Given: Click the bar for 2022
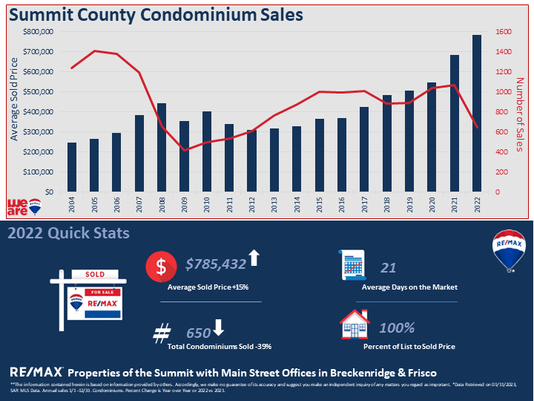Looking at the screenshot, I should coord(476,113).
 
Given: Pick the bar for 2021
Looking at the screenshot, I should coord(454,123).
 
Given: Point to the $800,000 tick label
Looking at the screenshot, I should coord(38,32).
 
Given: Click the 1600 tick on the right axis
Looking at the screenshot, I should coord(504,32).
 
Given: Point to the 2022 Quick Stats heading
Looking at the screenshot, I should coord(68,233).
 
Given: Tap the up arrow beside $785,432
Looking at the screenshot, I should coord(254,258).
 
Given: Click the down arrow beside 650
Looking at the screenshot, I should coord(218,327).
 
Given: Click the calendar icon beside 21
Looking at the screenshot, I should coord(354,265).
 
